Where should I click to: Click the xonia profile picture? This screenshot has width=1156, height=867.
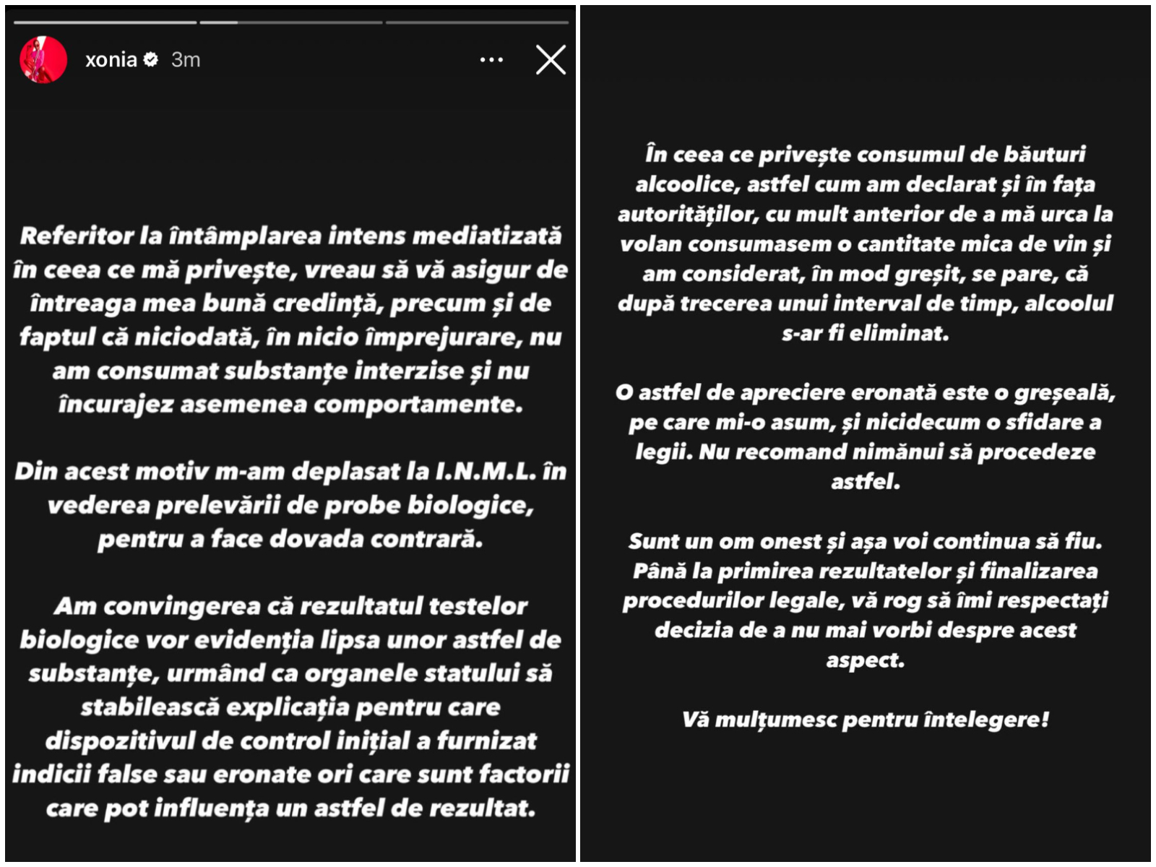coord(43,59)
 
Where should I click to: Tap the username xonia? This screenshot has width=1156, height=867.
coord(111,59)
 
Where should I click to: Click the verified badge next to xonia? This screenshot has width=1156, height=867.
coord(151,59)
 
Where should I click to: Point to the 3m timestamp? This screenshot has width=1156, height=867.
coord(186,59)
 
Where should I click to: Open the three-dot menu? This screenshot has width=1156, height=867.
coord(491,59)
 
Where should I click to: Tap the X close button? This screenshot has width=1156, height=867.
coord(551,59)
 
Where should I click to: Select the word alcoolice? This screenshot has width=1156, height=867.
coord(687,184)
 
